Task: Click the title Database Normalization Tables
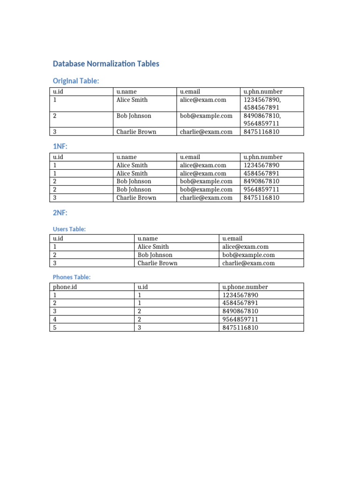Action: tap(106, 64)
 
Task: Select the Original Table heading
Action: tap(76, 81)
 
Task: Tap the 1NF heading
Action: tap(60, 147)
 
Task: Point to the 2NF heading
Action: tap(60, 213)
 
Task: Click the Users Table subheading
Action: tap(69, 229)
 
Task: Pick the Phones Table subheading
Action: tap(72, 277)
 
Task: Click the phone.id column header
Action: tap(65, 287)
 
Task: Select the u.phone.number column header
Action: tap(245, 287)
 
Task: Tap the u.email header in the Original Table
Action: tap(190, 91)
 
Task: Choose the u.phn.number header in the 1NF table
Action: tap(263, 157)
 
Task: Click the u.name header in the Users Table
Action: tap(148, 239)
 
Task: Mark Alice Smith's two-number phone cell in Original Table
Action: tap(262, 104)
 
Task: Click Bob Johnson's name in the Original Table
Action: tap(134, 116)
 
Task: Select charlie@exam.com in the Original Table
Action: tap(206, 132)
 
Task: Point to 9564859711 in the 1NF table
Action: tap(262, 189)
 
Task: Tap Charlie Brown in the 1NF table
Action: tap(136, 198)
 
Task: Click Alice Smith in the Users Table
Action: tap(153, 247)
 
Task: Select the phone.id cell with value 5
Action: tap(55, 328)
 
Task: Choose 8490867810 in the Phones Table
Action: tap(240, 311)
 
